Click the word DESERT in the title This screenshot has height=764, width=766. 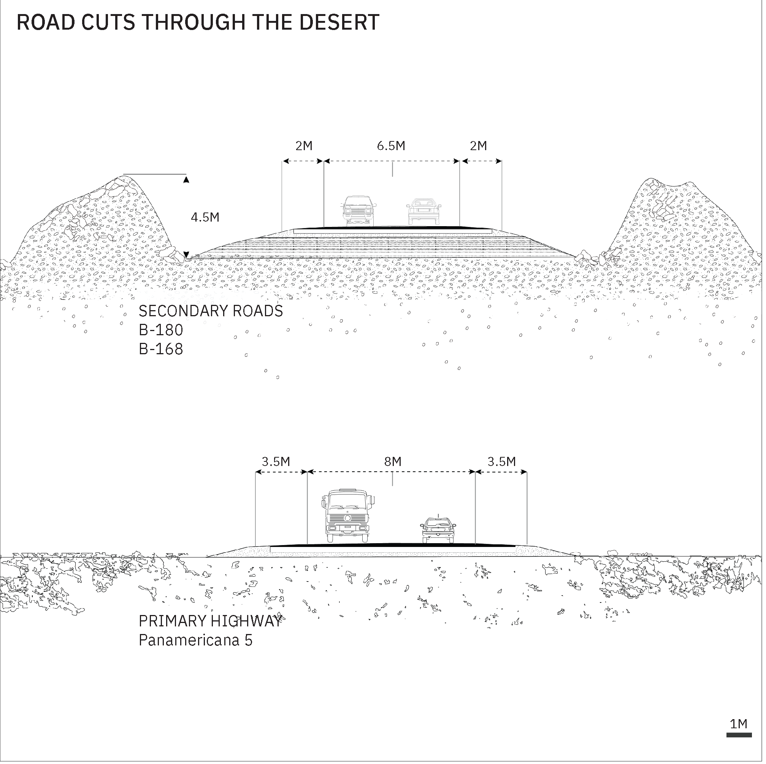click(339, 22)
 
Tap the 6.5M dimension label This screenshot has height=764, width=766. click(391, 146)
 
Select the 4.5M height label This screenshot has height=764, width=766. click(205, 217)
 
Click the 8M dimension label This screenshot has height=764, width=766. click(393, 461)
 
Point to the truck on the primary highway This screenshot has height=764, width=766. click(347, 516)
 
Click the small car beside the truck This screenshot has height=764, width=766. click(438, 530)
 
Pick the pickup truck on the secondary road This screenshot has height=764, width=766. click(358, 211)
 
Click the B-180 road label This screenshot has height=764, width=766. click(161, 330)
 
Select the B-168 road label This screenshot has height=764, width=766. click(161, 349)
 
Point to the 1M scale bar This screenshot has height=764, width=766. click(739, 735)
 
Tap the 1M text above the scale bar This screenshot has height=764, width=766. click(739, 724)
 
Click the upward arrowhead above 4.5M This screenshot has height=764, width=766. click(186, 180)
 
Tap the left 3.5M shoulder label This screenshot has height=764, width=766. click(276, 461)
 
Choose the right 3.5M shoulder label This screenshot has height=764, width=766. click(501, 461)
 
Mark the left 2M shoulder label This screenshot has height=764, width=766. click(304, 146)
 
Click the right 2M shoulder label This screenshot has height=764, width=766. click(479, 146)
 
